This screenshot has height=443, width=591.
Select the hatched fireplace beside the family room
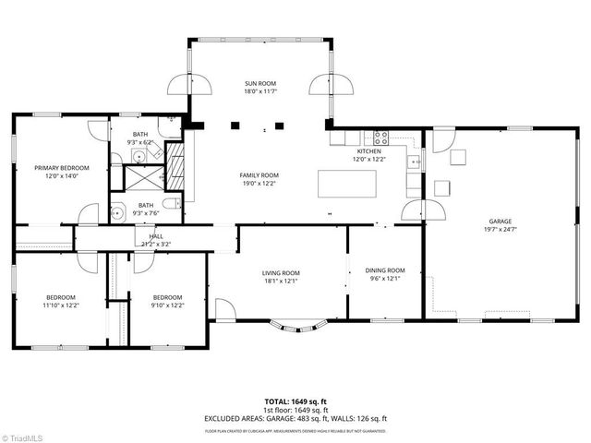pos(179,166)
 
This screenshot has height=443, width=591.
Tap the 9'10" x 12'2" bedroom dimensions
pos(168,305)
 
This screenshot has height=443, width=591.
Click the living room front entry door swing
pos(225,308)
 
